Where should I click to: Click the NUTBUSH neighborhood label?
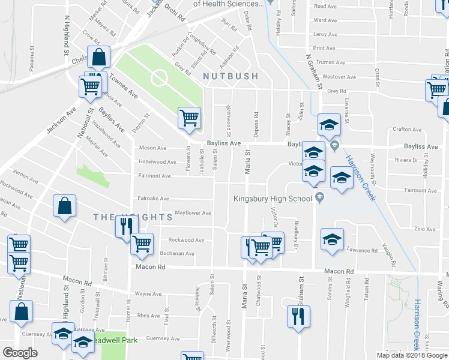tap(231, 76)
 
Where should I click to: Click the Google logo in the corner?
tap(20, 353)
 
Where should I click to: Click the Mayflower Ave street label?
tap(193, 213)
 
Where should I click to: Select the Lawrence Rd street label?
tap(362, 250)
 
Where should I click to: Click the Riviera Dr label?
tap(406, 160)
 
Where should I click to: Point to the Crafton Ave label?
tap(406, 130)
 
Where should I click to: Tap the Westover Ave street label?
tap(339, 77)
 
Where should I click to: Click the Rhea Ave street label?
tap(149, 316)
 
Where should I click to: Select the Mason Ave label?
tap(152, 148)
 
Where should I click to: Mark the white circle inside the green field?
tap(159, 78)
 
